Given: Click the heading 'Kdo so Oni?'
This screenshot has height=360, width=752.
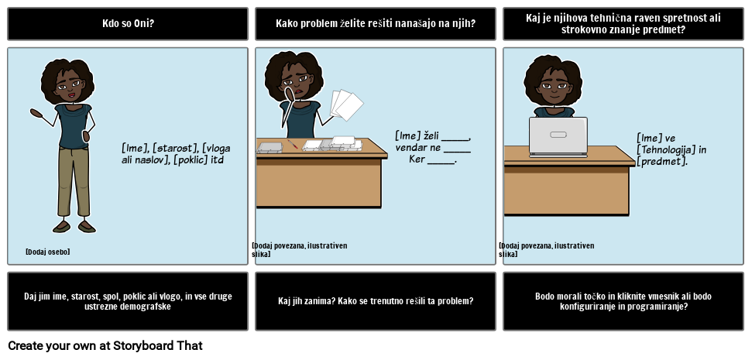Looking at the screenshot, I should [128, 23].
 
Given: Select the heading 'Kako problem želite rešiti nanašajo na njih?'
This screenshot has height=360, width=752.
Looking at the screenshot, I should [376, 23].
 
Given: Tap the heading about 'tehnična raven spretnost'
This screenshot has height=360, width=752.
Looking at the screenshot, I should [623, 23].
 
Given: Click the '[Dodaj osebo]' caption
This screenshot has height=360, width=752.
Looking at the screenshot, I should [47, 252].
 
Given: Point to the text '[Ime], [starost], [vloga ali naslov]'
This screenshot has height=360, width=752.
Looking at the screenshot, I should [176, 153].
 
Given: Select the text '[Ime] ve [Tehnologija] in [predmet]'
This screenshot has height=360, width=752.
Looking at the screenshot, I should [671, 149].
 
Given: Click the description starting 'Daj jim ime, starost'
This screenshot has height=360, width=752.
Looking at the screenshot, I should [128, 301].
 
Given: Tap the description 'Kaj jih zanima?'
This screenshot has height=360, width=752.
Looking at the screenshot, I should [376, 301].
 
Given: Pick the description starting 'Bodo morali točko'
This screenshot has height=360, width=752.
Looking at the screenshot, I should [623, 301].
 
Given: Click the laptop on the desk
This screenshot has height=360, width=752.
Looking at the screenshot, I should [558, 137].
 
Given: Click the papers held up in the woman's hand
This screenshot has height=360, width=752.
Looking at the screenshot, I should [345, 105].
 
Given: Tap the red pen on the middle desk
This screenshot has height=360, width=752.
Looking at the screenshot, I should [293, 144].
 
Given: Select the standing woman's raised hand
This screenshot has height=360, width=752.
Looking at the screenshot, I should [36, 113].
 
